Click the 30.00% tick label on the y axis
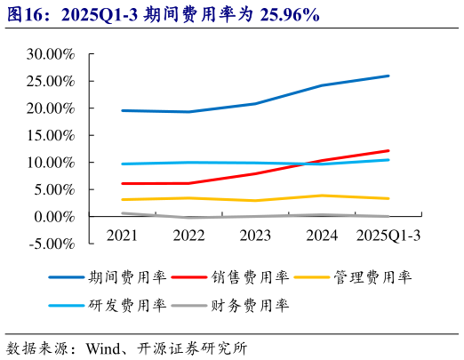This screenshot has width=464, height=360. tap(51, 54)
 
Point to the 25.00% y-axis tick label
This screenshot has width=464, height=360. tap(51, 82)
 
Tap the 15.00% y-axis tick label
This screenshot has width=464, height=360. tap(51, 136)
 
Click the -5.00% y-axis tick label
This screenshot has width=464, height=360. tap(52, 244)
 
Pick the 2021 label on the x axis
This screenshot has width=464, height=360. tap(122, 236)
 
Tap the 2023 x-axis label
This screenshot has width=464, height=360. tap(255, 236)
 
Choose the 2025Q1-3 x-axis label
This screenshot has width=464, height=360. tap(388, 236)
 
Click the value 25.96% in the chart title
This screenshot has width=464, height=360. tap(291, 15)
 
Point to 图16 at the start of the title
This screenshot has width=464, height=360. tap(24, 15)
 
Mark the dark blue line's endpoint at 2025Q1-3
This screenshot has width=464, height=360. tap(388, 76)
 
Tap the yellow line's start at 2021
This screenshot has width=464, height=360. tap(122, 199)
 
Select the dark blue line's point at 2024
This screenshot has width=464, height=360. tap(322, 85)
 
